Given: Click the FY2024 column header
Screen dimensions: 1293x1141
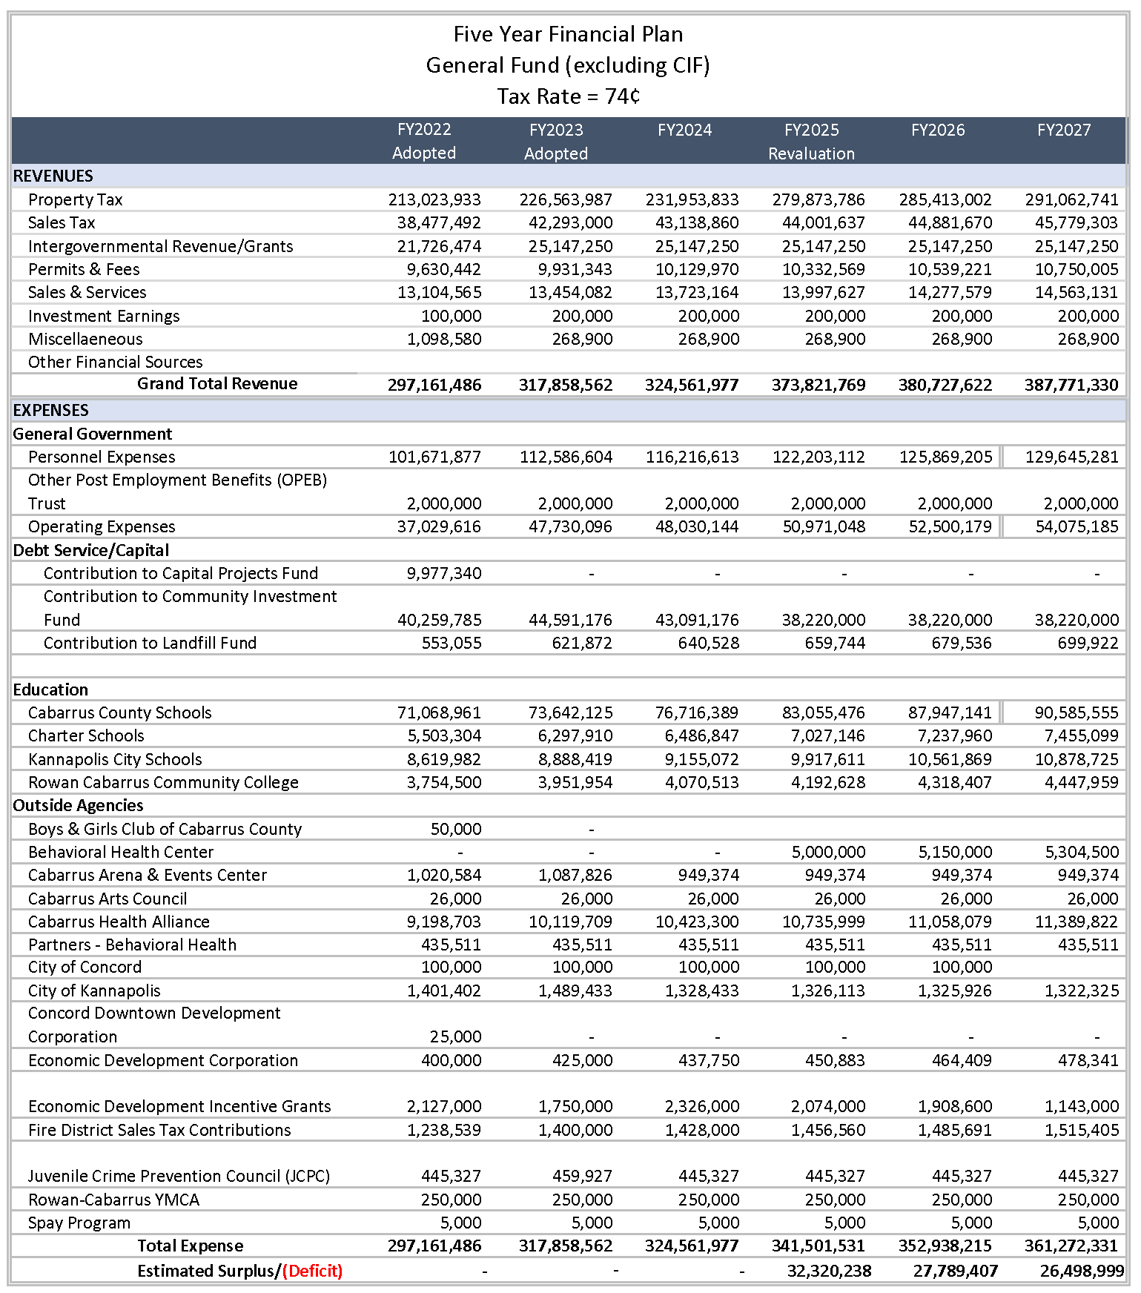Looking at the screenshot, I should click(x=684, y=130).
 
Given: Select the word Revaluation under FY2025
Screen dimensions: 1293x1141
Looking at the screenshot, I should click(x=811, y=153).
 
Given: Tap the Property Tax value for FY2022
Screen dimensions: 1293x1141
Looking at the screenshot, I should click(x=434, y=199).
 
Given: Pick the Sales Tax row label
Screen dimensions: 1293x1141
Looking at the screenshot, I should click(x=62, y=222).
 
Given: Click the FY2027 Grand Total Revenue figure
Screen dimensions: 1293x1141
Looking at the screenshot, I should click(x=1071, y=385).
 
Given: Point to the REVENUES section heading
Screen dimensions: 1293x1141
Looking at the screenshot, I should click(x=53, y=176).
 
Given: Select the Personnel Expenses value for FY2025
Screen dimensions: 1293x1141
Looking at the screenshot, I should click(x=818, y=457).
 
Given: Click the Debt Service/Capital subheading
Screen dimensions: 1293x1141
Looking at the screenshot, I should click(x=91, y=550).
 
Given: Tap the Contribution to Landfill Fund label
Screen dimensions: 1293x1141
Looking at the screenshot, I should click(x=150, y=643).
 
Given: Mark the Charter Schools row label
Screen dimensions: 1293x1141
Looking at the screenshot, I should click(x=86, y=735).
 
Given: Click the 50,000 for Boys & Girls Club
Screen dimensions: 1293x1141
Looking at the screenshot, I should click(x=456, y=829).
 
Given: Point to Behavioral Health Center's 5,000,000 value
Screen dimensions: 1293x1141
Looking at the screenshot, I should click(x=828, y=852).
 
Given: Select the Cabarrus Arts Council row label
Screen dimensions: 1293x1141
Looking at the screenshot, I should click(x=108, y=899).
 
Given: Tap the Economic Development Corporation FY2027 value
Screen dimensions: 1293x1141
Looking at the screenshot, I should click(x=1088, y=1060).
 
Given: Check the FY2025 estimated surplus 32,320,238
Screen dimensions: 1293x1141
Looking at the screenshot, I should click(x=829, y=1271).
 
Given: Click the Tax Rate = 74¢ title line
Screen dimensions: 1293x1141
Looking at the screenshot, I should click(x=568, y=96).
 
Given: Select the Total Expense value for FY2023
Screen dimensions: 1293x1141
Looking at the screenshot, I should click(x=566, y=1246).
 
